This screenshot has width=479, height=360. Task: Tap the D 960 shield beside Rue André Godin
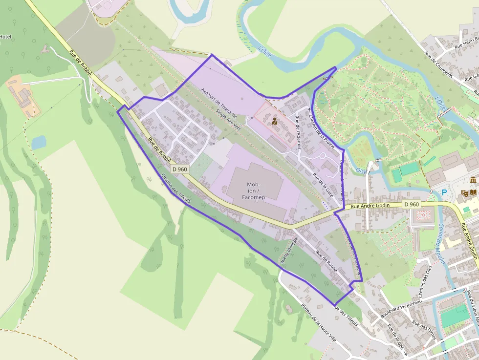(412, 204)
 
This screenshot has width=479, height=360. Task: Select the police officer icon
(275, 121)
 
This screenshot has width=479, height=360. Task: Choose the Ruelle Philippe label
(288, 250)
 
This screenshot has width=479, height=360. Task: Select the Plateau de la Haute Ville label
(319, 321)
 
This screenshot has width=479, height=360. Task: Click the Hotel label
(5, 37)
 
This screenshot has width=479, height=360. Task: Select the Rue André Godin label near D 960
(370, 206)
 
